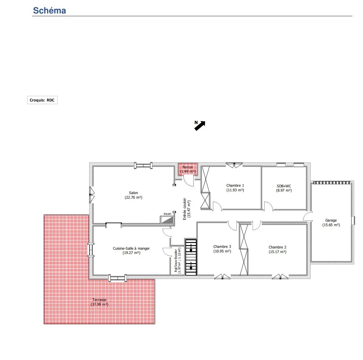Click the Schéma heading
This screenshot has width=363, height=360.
(49, 10)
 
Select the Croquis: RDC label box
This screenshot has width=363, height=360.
(42, 100)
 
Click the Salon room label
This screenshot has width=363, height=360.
(133, 193)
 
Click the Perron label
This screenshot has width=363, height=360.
(188, 167)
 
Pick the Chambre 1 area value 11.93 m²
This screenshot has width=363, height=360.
(235, 190)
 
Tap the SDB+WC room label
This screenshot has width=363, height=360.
(284, 186)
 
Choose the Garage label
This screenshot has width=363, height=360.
(331, 220)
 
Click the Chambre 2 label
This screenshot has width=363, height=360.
(277, 247)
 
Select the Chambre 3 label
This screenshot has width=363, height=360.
(222, 247)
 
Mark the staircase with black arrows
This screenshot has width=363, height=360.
(191, 257)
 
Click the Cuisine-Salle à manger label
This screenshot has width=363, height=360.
(131, 248)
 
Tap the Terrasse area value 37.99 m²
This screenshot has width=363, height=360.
(100, 304)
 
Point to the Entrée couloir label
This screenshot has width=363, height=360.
(185, 209)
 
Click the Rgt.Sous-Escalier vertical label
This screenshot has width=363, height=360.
(176, 261)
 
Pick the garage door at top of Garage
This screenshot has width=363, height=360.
(332, 183)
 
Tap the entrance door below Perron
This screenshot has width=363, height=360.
(188, 181)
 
